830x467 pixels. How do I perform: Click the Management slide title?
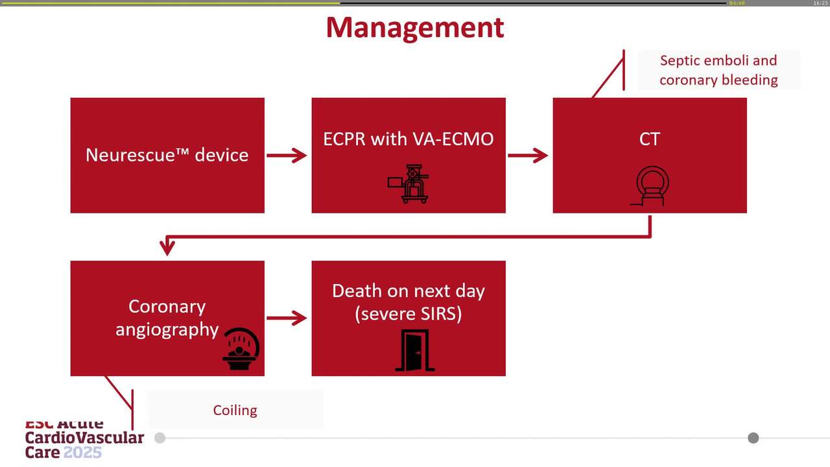coord(414,28)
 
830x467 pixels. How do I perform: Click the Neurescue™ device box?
coord(167,155)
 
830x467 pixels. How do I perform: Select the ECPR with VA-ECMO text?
coord(408,138)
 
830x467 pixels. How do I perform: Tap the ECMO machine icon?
coord(409,184)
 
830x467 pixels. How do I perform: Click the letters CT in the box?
coord(649,139)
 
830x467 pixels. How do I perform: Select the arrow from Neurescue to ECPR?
coord(287,156)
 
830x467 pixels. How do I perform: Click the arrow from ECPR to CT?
coord(528,156)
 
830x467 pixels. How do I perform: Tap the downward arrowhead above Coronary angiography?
coord(167,247)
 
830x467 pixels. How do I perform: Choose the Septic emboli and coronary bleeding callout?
coord(718,70)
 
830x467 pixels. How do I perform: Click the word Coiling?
coord(235,410)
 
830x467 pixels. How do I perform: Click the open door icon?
coord(415,351)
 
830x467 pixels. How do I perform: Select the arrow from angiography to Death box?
coord(287,318)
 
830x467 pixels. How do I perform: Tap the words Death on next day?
coord(408,291)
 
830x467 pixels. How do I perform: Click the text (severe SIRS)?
coord(408,314)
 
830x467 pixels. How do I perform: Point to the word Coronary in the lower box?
coord(167,306)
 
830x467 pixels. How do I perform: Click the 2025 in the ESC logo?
coord(82,452)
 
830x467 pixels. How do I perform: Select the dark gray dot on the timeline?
coord(753,438)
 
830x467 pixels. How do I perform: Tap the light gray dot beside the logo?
coord(160,438)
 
